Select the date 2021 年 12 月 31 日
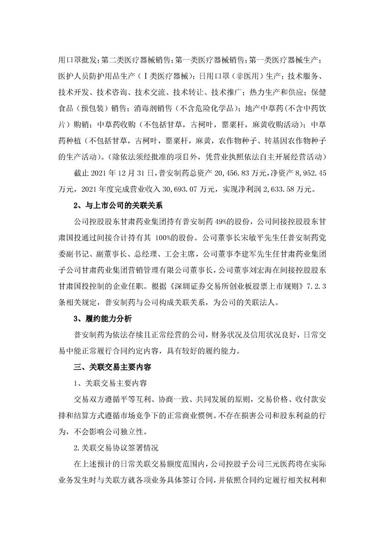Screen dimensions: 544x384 tap(113, 172)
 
